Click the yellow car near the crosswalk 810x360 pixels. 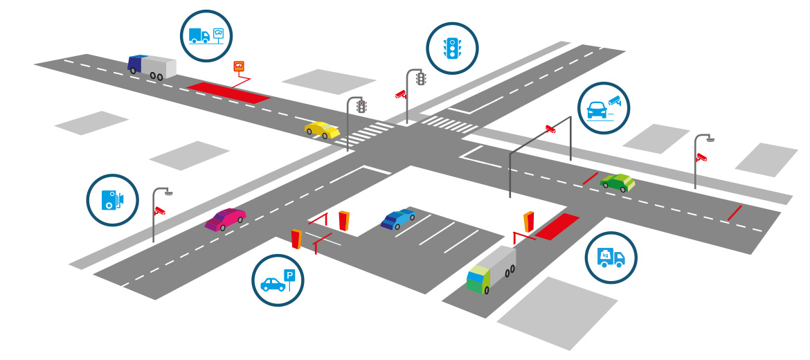click(x=323, y=129)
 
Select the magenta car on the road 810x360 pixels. click(x=226, y=219)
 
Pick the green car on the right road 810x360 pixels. click(x=618, y=183)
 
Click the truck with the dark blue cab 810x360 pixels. click(x=152, y=67)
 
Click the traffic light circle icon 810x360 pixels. click(x=452, y=48)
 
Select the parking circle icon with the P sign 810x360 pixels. click(x=278, y=280)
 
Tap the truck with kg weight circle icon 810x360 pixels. click(x=611, y=258)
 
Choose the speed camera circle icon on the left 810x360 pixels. click(x=112, y=200)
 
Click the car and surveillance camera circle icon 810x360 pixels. click(x=604, y=108)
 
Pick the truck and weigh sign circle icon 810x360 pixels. click(x=206, y=35)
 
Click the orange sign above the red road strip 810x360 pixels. click(x=240, y=66)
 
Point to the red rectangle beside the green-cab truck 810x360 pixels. click(x=557, y=226)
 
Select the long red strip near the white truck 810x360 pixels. click(x=228, y=93)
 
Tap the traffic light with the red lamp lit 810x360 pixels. click(x=361, y=106)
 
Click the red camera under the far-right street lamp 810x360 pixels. click(x=701, y=157)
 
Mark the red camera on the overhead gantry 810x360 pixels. click(x=550, y=128)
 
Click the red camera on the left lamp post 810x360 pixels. click(x=160, y=210)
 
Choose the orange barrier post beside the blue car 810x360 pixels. click(x=343, y=221)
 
